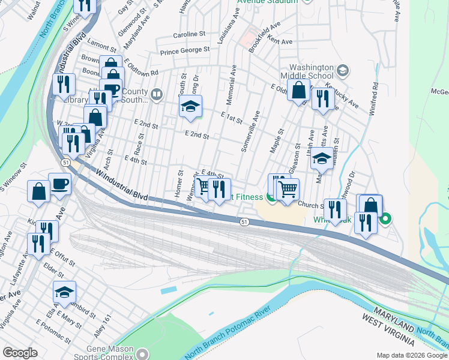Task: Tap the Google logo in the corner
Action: (20, 353)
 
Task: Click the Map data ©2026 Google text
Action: (412, 355)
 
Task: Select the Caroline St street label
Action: (189, 35)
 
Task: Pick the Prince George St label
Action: (184, 50)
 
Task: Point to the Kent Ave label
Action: (280, 41)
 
